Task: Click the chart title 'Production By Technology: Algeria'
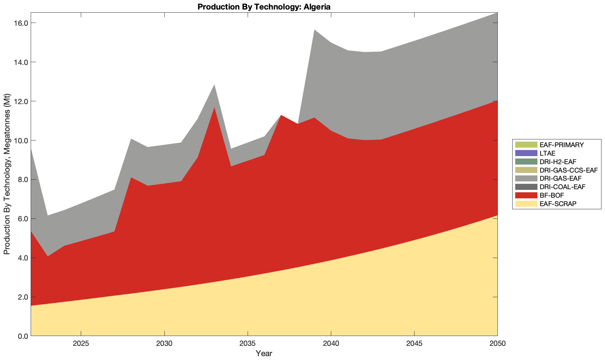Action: (264, 7)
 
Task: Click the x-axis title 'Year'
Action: (264, 353)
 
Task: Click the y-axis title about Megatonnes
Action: (7, 174)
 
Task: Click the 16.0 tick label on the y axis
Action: (21, 23)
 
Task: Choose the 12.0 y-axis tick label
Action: (21, 101)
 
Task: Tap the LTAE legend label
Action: (547, 153)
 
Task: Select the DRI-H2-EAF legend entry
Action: (558, 162)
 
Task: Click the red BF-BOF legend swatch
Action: (526, 195)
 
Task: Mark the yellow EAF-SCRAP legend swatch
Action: (526, 204)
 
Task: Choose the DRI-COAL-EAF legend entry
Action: (562, 187)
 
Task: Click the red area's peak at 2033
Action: (214, 108)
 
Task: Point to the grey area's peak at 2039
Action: (314, 30)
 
